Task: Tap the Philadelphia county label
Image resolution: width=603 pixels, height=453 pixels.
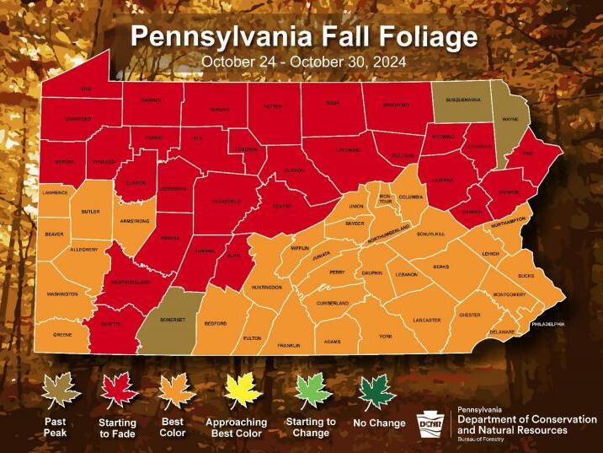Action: coord(547,324)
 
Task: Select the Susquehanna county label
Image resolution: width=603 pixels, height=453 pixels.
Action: coord(463,100)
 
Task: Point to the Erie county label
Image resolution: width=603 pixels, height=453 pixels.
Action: coord(84,89)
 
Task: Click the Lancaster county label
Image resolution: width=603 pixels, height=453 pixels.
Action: coord(427,320)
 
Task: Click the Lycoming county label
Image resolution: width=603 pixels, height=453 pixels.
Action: coord(349,149)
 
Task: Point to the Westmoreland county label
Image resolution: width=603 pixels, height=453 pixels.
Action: coord(131,281)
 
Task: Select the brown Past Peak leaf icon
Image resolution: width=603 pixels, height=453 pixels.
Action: coord(61,391)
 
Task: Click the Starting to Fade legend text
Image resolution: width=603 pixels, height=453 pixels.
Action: coord(118,428)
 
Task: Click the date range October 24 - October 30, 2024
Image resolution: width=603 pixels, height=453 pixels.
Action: coord(303,62)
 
